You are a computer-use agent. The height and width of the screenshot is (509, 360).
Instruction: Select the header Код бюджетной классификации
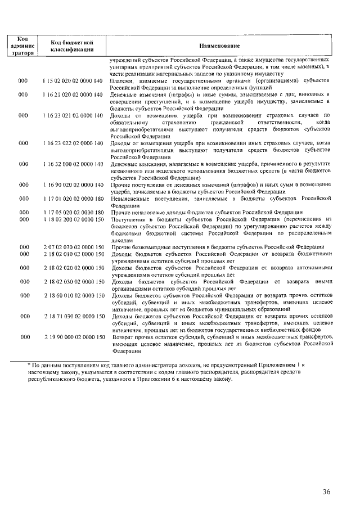click(x=71, y=46)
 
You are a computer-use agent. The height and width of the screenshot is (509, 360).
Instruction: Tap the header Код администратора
click(x=23, y=46)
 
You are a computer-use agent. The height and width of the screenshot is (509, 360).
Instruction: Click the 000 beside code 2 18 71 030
click(x=23, y=316)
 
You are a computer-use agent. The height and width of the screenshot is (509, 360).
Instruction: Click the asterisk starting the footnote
click(x=29, y=366)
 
